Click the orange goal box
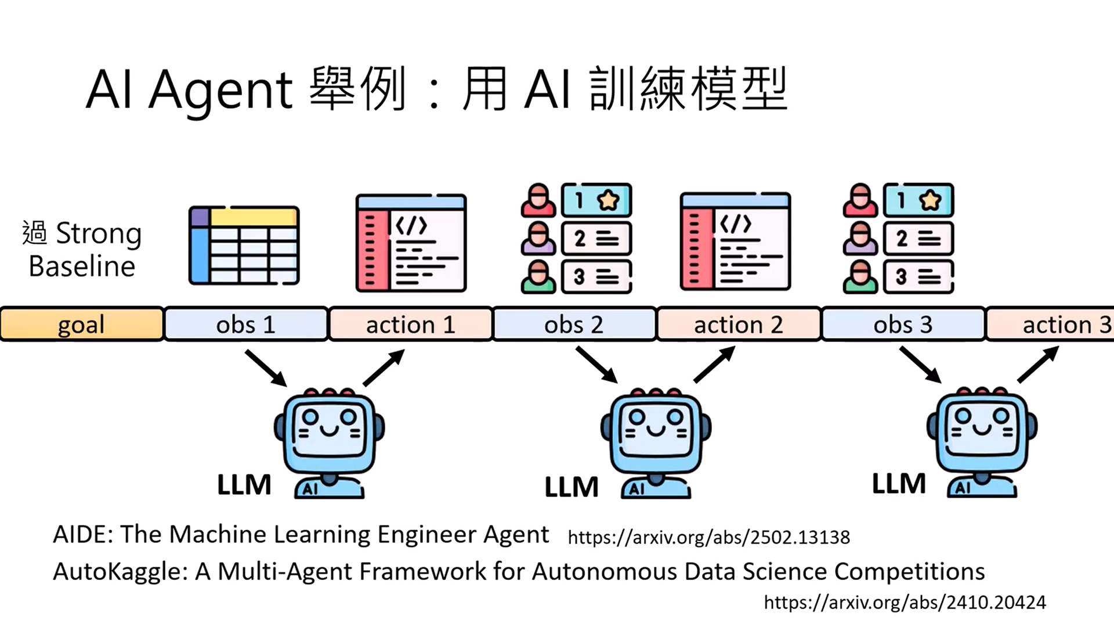click(81, 324)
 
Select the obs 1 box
click(246, 324)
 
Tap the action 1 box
click(410, 324)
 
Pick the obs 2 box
click(574, 324)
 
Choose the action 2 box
click(739, 324)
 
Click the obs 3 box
click(903, 324)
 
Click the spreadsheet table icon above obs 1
click(244, 245)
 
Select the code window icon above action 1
click(411, 243)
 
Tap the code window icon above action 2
click(735, 242)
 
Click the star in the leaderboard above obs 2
click(608, 200)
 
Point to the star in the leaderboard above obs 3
click(930, 200)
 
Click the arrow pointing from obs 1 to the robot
click(266, 367)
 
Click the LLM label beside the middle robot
click(572, 487)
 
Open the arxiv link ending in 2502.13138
click(708, 538)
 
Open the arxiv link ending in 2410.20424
click(905, 603)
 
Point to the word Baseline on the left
click(82, 267)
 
